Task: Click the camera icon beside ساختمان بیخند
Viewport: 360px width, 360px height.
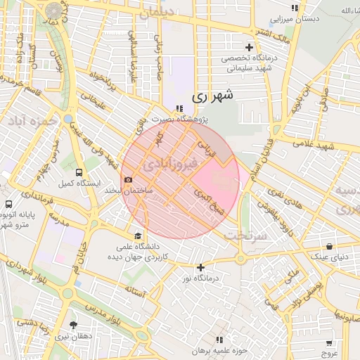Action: coord(128,181)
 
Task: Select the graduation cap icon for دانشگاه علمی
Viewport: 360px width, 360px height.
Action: coord(139,236)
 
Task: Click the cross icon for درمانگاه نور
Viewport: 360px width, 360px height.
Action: coord(201,267)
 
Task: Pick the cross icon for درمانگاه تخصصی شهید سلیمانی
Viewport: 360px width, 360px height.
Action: coord(249,47)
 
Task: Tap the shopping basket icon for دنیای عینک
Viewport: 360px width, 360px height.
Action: coord(330,246)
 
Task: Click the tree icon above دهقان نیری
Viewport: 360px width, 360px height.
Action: coord(74,325)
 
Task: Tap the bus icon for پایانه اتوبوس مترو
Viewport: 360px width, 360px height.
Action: coord(8,205)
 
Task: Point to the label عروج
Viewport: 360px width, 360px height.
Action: coord(330,354)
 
